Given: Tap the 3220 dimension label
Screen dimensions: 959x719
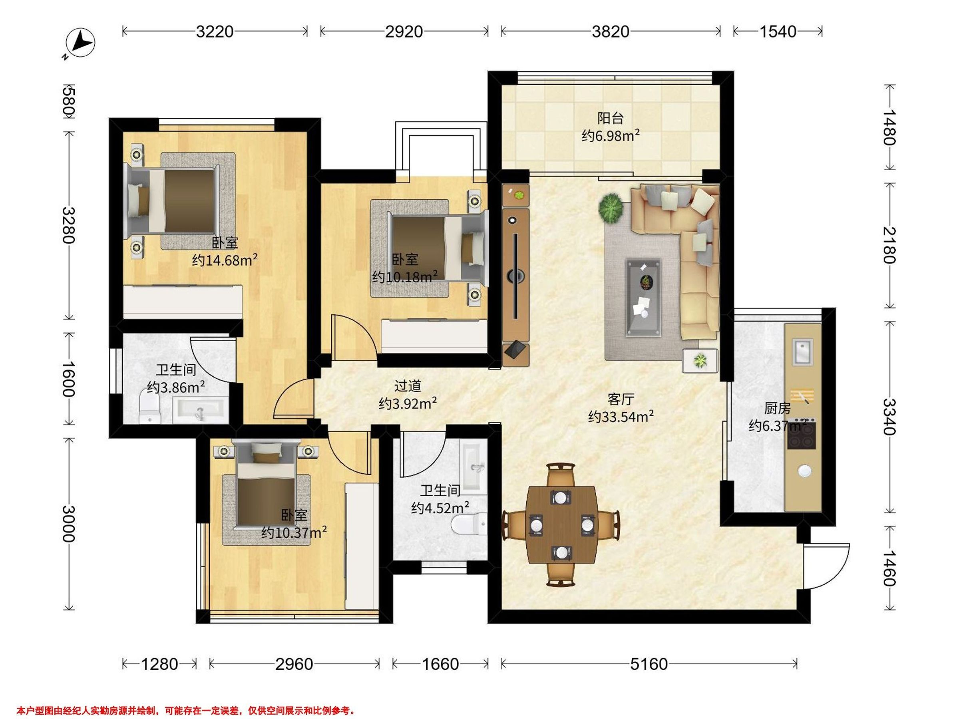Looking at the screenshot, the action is pyautogui.click(x=215, y=32).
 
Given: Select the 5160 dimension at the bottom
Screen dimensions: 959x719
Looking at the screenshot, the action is pyautogui.click(x=649, y=663).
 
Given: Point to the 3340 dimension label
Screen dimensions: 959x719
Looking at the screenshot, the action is pyautogui.click(x=889, y=417).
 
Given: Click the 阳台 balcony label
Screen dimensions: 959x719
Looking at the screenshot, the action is pyautogui.click(x=611, y=118).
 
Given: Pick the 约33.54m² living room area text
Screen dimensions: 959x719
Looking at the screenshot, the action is pyautogui.click(x=621, y=417).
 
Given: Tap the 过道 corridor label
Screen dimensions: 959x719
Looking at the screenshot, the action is pyautogui.click(x=408, y=385).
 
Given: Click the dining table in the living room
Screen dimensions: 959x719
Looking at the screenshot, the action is pyautogui.click(x=561, y=524).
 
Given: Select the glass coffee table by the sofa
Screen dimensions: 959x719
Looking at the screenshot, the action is pyautogui.click(x=643, y=298).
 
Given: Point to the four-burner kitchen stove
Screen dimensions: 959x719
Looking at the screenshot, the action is pyautogui.click(x=802, y=435).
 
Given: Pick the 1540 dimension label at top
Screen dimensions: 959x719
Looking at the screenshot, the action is pyautogui.click(x=777, y=32).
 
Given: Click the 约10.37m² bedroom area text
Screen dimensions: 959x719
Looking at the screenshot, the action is pyautogui.click(x=294, y=532).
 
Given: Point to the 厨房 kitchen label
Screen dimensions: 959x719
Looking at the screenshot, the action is pyautogui.click(x=777, y=408).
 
